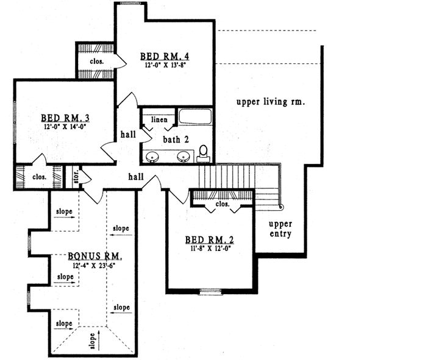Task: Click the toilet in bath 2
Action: pyautogui.click(x=204, y=154)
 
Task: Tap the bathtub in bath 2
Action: pyautogui.click(x=194, y=117)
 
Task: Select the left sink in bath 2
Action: pyautogui.click(x=153, y=157)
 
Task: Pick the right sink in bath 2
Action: pyautogui.click(x=184, y=157)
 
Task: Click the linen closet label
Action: pyautogui.click(x=159, y=120)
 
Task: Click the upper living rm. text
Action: pyautogui.click(x=270, y=102)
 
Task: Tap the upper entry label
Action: pyautogui.click(x=280, y=229)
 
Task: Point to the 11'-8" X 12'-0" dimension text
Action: pyautogui.click(x=210, y=249)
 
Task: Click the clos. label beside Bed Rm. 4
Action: pyautogui.click(x=97, y=62)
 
